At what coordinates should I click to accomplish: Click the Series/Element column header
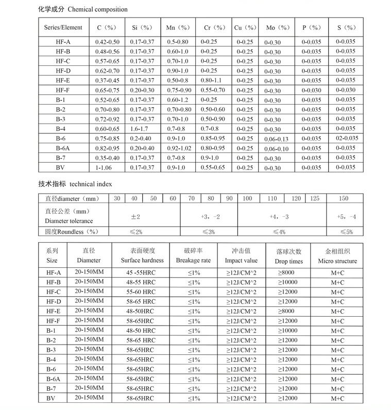pos(63,27)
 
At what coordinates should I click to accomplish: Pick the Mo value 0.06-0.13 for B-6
pos(277,139)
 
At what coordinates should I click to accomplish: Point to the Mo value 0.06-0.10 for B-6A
pos(277,149)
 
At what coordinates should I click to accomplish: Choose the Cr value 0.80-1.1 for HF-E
pos(211,80)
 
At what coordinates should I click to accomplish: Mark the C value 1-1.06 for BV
pos(104,168)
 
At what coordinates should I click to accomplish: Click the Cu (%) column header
pos(245,27)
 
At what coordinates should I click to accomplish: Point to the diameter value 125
pos(315,199)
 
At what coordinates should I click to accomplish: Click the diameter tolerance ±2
pos(135,217)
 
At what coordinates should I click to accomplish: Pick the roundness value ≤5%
pos(346,232)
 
